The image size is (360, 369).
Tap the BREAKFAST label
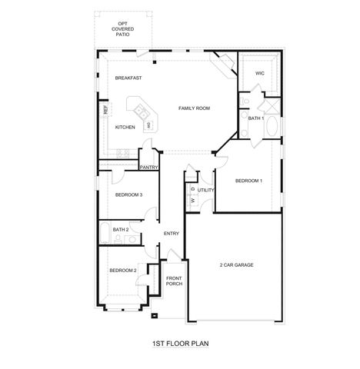click(x=128, y=78)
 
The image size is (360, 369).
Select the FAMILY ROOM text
click(x=195, y=108)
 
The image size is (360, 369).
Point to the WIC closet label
click(x=259, y=74)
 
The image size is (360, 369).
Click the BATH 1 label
click(x=256, y=118)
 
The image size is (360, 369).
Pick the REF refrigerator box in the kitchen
click(x=105, y=110)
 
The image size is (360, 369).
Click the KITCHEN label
click(x=125, y=127)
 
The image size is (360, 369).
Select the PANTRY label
click(x=149, y=167)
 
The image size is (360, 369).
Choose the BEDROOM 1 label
click(x=248, y=181)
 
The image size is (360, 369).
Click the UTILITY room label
click(x=205, y=189)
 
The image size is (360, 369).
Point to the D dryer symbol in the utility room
click(x=193, y=188)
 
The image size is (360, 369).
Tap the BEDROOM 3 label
click(x=128, y=194)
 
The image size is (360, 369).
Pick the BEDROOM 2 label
click(x=122, y=270)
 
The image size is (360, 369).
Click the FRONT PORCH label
click(x=174, y=281)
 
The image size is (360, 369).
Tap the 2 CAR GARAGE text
click(x=236, y=265)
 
